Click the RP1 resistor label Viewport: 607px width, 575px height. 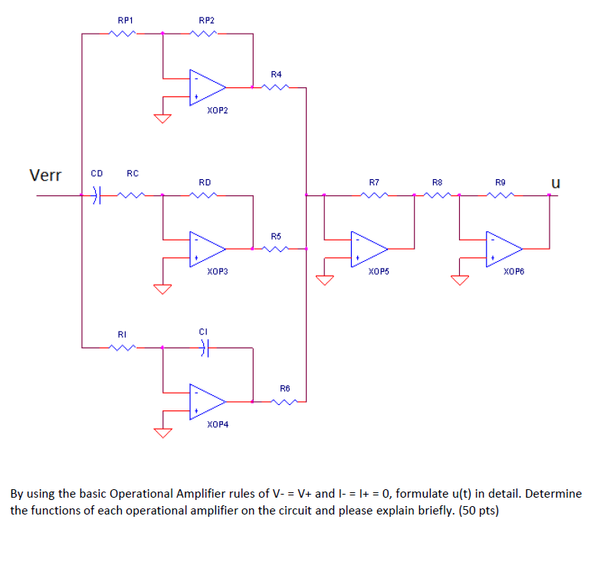click(x=123, y=18)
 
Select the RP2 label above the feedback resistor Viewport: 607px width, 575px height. click(x=206, y=18)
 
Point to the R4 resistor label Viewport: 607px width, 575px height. click(x=277, y=74)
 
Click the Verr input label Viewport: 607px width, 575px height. click(x=45, y=175)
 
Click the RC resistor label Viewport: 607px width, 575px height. click(x=132, y=173)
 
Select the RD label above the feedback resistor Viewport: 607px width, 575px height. click(x=205, y=182)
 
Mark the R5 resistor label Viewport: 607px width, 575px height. click(x=277, y=235)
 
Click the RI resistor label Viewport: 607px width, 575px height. click(x=121, y=334)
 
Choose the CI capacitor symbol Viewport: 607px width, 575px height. click(x=203, y=348)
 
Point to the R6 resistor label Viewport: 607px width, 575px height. click(x=284, y=388)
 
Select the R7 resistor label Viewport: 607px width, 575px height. click(x=373, y=182)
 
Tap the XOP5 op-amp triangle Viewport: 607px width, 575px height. click(x=369, y=247)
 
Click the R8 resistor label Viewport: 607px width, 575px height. click(x=437, y=182)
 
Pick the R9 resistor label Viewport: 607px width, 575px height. click(x=500, y=182)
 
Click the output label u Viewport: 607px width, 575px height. click(x=556, y=183)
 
